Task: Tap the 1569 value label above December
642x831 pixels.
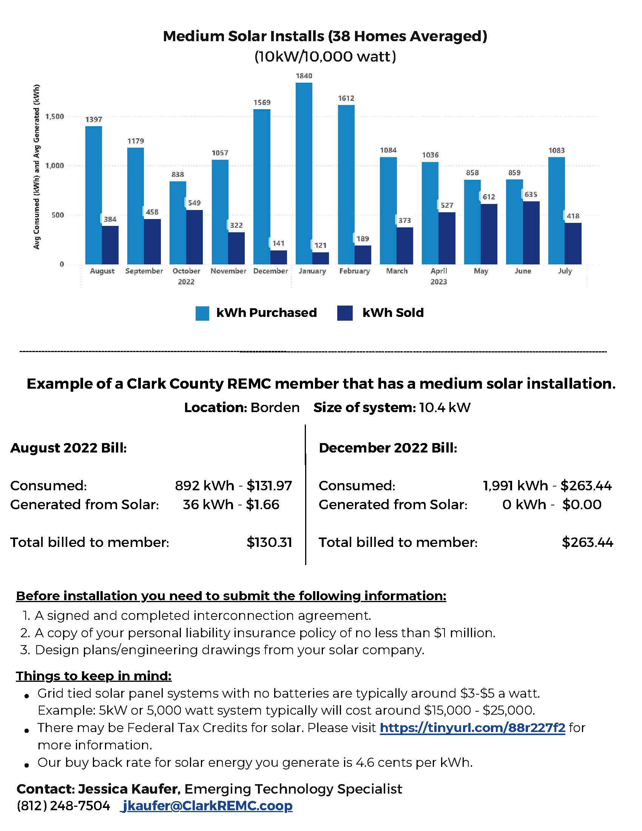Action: (x=262, y=102)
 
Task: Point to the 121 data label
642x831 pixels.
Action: (x=320, y=246)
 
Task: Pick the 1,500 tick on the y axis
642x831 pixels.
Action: (x=55, y=116)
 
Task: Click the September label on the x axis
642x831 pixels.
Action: (x=144, y=271)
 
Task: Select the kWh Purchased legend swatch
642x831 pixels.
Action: (x=202, y=313)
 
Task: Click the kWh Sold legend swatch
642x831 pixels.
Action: (x=344, y=313)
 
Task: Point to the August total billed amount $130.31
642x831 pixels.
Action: (x=269, y=542)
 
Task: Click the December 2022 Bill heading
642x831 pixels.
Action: (x=387, y=448)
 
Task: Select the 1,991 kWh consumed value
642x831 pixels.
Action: (x=515, y=485)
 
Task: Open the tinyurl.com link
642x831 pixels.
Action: (x=472, y=728)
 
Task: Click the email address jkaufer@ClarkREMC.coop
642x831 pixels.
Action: (x=207, y=806)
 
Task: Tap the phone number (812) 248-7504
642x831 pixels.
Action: (x=63, y=806)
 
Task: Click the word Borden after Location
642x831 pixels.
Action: (x=275, y=408)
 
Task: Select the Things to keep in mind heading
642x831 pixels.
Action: (x=94, y=676)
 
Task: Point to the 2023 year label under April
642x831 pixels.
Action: (x=438, y=281)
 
